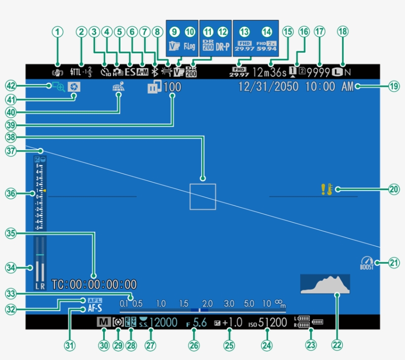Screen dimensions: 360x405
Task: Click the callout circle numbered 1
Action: [x=58, y=32]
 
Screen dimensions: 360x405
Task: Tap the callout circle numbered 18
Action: [x=342, y=32]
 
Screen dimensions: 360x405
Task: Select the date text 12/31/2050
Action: [x=269, y=87]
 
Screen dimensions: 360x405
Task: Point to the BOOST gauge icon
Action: [x=366, y=263]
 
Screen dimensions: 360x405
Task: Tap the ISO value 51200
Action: [x=272, y=323]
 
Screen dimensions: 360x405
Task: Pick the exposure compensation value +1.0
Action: [x=232, y=323]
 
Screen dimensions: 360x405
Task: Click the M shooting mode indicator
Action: [x=103, y=322]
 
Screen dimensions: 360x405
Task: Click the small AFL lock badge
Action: [x=94, y=300]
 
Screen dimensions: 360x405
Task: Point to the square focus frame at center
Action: [x=202, y=196]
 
